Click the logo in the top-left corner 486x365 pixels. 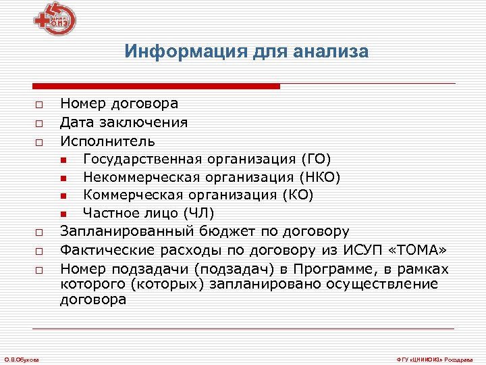[x=57, y=20]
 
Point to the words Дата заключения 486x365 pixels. [x=124, y=122]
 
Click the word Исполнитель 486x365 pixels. [x=107, y=141]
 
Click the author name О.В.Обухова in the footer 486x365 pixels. [x=22, y=358]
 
